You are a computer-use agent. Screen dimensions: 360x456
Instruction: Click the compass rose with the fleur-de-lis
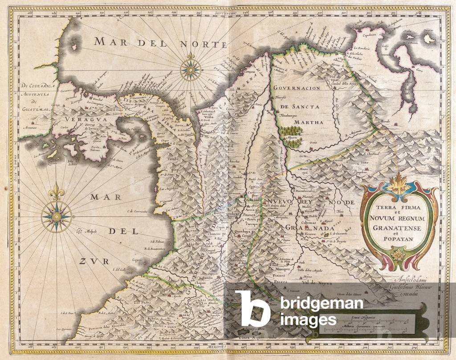click(57, 215)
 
